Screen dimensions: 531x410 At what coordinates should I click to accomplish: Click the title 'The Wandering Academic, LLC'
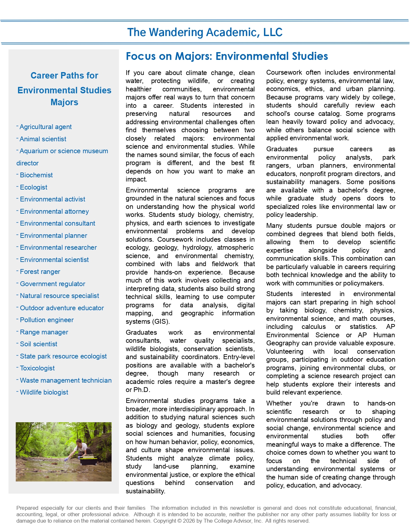click(x=205, y=32)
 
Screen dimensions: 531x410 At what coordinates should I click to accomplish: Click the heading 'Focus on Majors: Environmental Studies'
click(x=227, y=56)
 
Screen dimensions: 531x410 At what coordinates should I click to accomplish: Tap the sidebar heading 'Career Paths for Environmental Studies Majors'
click(x=64, y=89)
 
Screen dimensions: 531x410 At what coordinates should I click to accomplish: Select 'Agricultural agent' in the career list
click(x=45, y=127)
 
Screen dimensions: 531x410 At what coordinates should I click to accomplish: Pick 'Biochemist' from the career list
click(x=36, y=175)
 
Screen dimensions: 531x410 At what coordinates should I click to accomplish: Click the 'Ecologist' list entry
click(x=33, y=187)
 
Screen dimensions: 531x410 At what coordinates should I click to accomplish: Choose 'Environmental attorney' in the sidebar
click(x=54, y=211)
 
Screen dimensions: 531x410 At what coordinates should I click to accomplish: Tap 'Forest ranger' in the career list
click(x=40, y=272)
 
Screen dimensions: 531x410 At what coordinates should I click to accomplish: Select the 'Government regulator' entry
click(x=52, y=284)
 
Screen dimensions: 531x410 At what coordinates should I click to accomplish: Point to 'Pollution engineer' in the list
click(x=47, y=320)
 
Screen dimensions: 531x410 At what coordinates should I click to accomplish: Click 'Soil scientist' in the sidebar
click(x=39, y=344)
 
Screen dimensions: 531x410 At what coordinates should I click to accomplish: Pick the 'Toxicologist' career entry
click(x=37, y=368)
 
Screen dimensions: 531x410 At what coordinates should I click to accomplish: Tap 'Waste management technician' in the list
click(x=66, y=380)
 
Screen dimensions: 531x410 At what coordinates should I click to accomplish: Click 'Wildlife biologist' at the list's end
click(x=44, y=392)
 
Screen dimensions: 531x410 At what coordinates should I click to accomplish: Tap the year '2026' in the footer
click(x=188, y=521)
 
